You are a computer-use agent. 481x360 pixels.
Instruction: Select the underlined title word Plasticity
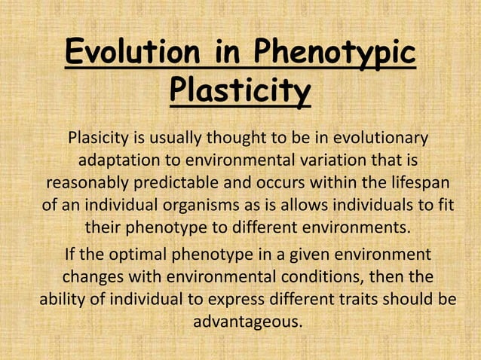point(240,93)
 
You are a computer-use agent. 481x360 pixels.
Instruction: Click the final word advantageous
point(247,320)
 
